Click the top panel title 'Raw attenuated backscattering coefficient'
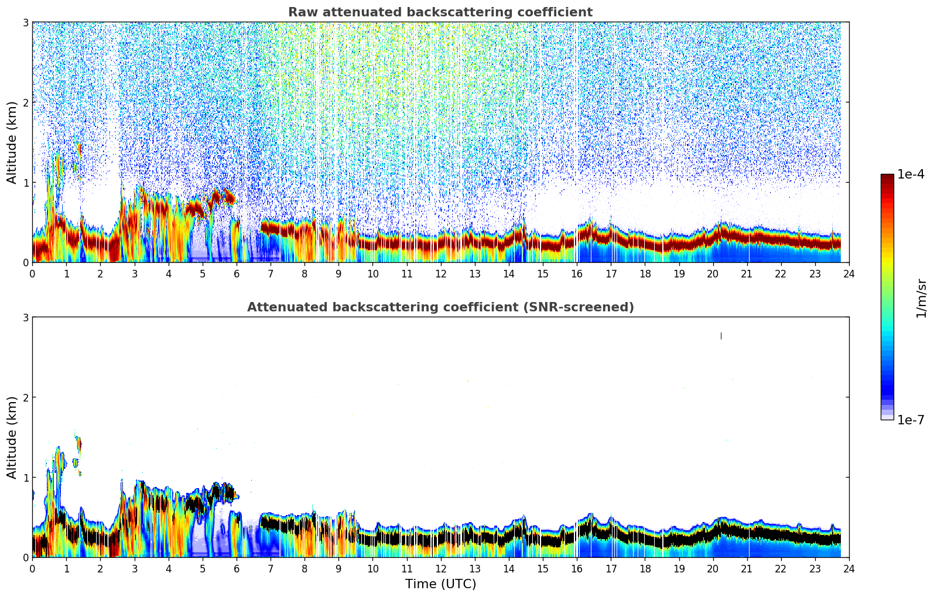coord(440,12)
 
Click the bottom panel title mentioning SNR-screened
coord(440,307)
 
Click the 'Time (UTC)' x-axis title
coord(440,584)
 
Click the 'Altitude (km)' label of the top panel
coord(12,142)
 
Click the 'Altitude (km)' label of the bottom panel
coord(12,437)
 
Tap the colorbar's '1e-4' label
coord(911,174)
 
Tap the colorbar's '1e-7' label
coord(911,420)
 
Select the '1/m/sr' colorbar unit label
coord(921,298)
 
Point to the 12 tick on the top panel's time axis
coord(440,273)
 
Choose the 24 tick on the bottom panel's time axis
coord(849,568)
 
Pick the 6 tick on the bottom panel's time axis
coord(237,568)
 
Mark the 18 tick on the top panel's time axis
coord(645,273)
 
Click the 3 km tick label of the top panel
coord(25,22)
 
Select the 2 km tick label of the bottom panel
coord(25,397)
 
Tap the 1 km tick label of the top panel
coord(25,183)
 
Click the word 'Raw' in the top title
coord(299,12)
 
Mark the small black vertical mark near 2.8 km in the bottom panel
coord(721,336)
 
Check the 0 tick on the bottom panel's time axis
coord(32,568)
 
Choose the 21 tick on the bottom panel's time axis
coord(747,568)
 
